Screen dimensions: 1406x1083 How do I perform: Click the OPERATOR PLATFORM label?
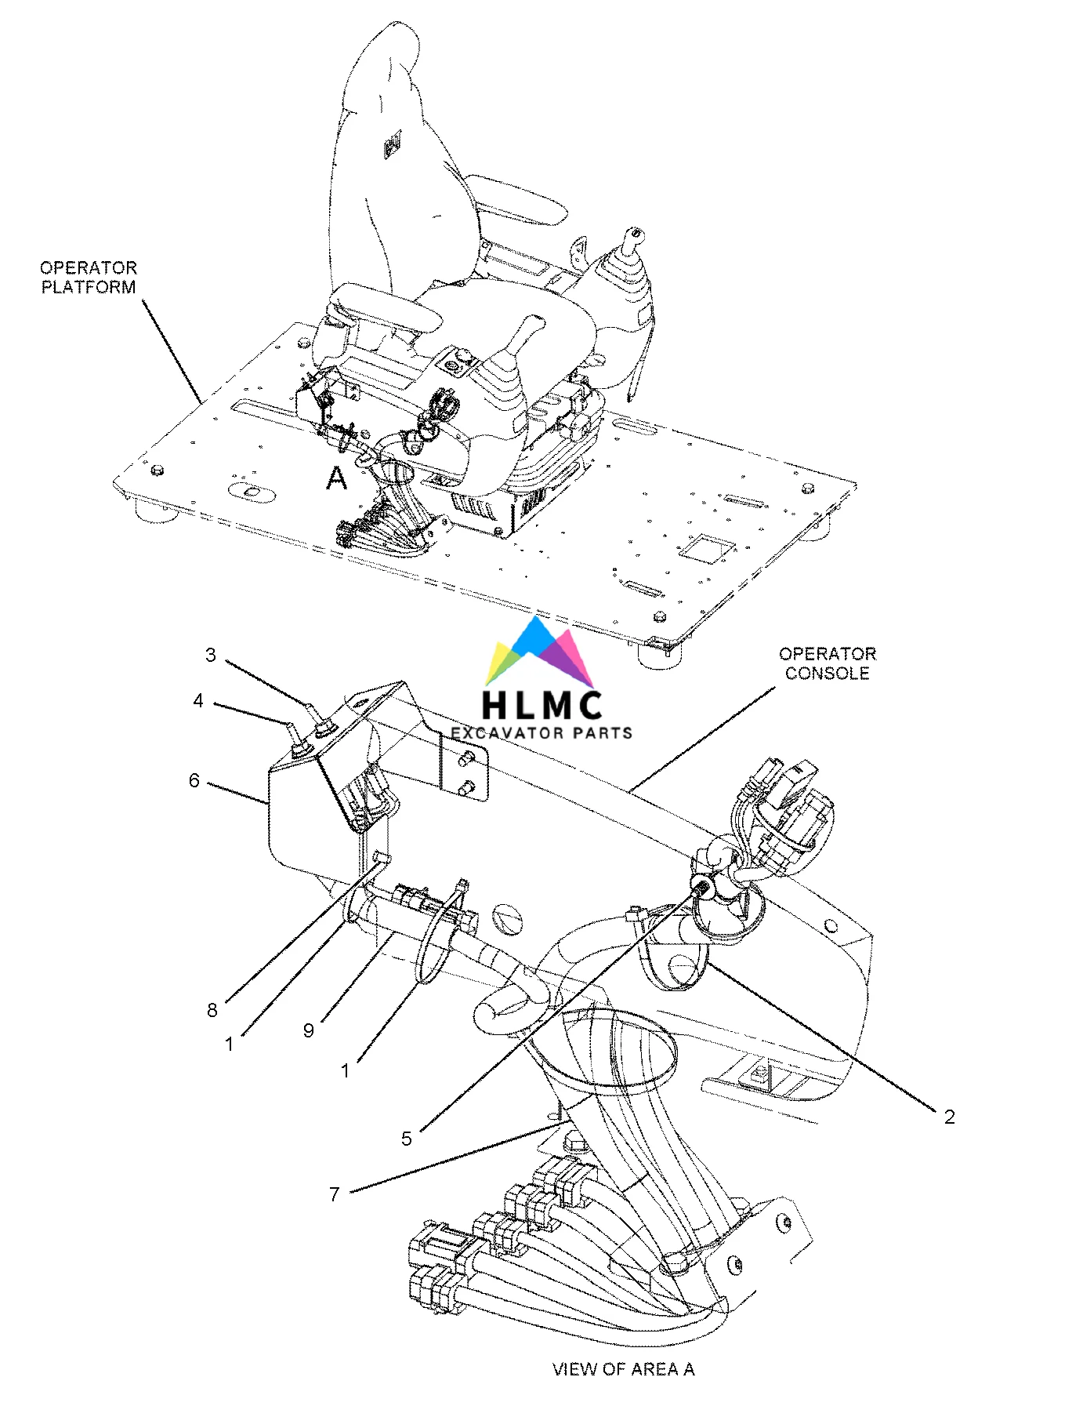click(x=89, y=278)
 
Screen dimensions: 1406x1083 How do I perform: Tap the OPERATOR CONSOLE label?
click(x=827, y=663)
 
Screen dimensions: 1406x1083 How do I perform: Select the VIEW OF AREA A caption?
click(x=623, y=1368)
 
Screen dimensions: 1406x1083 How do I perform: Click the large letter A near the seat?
click(x=336, y=478)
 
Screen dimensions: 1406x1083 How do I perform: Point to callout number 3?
click(x=210, y=655)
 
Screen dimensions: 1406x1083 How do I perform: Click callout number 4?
click(x=198, y=700)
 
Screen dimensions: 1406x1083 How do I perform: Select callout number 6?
click(x=194, y=780)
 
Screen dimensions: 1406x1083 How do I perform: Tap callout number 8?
click(x=212, y=1010)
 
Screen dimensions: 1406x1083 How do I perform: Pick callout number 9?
click(x=309, y=1030)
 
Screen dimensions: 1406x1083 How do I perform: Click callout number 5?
click(x=406, y=1138)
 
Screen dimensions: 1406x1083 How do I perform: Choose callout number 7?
click(x=334, y=1194)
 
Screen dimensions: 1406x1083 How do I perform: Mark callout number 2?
click(x=949, y=1117)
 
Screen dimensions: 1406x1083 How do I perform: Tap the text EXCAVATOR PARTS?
click(x=541, y=733)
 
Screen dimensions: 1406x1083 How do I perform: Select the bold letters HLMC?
click(x=542, y=704)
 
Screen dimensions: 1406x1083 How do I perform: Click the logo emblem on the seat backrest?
click(x=393, y=145)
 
